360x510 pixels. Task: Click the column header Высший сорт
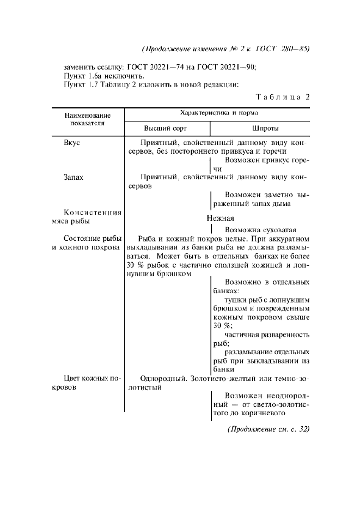[x=165, y=129]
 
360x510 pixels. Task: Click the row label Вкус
[x=72, y=142]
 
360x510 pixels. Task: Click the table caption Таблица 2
[x=283, y=98]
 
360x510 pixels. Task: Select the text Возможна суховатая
[x=260, y=229]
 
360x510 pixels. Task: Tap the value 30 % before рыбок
[x=133, y=265]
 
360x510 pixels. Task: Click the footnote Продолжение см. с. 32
[x=268, y=429]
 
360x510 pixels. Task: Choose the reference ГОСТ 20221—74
[x=157, y=67]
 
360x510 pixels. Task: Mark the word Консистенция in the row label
[x=92, y=212]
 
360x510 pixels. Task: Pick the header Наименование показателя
[x=87, y=119]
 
